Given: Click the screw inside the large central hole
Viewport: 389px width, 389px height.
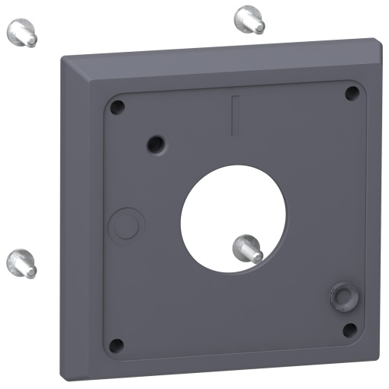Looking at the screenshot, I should coord(248,248).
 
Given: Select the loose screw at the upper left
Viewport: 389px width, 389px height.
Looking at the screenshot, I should coord(23,34).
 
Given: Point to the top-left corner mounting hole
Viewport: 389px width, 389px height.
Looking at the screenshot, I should coord(116,108).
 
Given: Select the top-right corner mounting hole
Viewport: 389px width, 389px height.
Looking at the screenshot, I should coord(352,93).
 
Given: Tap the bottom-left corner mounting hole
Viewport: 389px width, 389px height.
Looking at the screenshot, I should coord(116,346).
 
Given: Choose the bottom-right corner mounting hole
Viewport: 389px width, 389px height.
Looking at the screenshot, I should coord(349,330).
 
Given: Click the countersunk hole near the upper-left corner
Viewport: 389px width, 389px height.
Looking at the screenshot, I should coord(156,142).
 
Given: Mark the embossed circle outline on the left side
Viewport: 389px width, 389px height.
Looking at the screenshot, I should coord(126,226).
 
